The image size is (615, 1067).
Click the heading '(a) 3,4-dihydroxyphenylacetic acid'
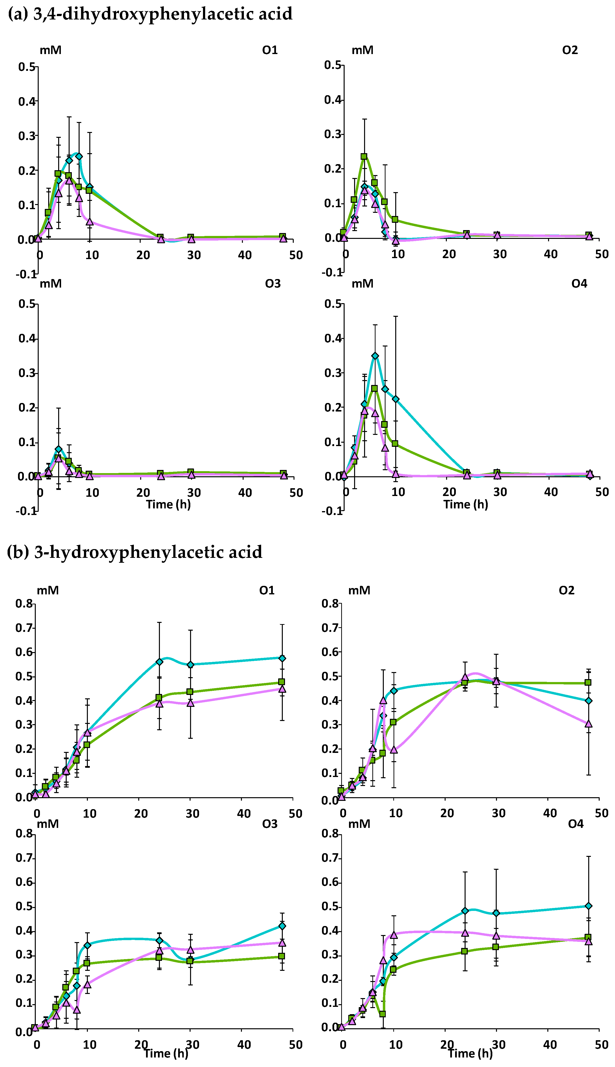(x=150, y=14)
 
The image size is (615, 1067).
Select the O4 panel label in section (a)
(x=579, y=283)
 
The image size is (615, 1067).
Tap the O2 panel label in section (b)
(x=566, y=590)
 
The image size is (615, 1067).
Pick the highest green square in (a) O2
(x=364, y=156)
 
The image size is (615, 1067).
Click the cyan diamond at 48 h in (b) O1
(x=282, y=658)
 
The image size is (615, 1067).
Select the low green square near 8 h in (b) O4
(x=383, y=1014)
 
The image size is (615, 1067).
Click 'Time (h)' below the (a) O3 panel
(x=168, y=504)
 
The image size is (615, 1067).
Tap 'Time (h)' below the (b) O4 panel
(x=470, y=1053)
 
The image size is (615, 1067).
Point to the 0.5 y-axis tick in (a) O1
(x=27, y=67)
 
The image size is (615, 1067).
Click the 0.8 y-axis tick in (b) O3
(x=24, y=833)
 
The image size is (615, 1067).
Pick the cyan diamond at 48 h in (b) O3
(x=282, y=926)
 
